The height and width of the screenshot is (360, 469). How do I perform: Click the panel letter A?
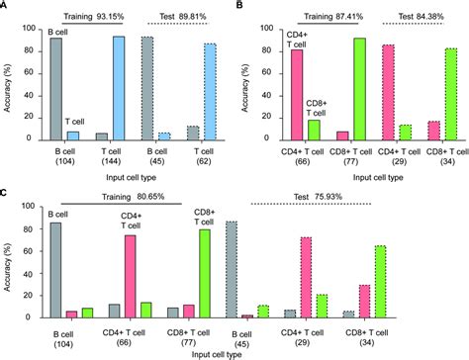(6, 6)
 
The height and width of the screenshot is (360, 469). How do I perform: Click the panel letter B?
(241, 6)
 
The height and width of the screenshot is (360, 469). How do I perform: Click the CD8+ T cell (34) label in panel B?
(442, 159)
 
